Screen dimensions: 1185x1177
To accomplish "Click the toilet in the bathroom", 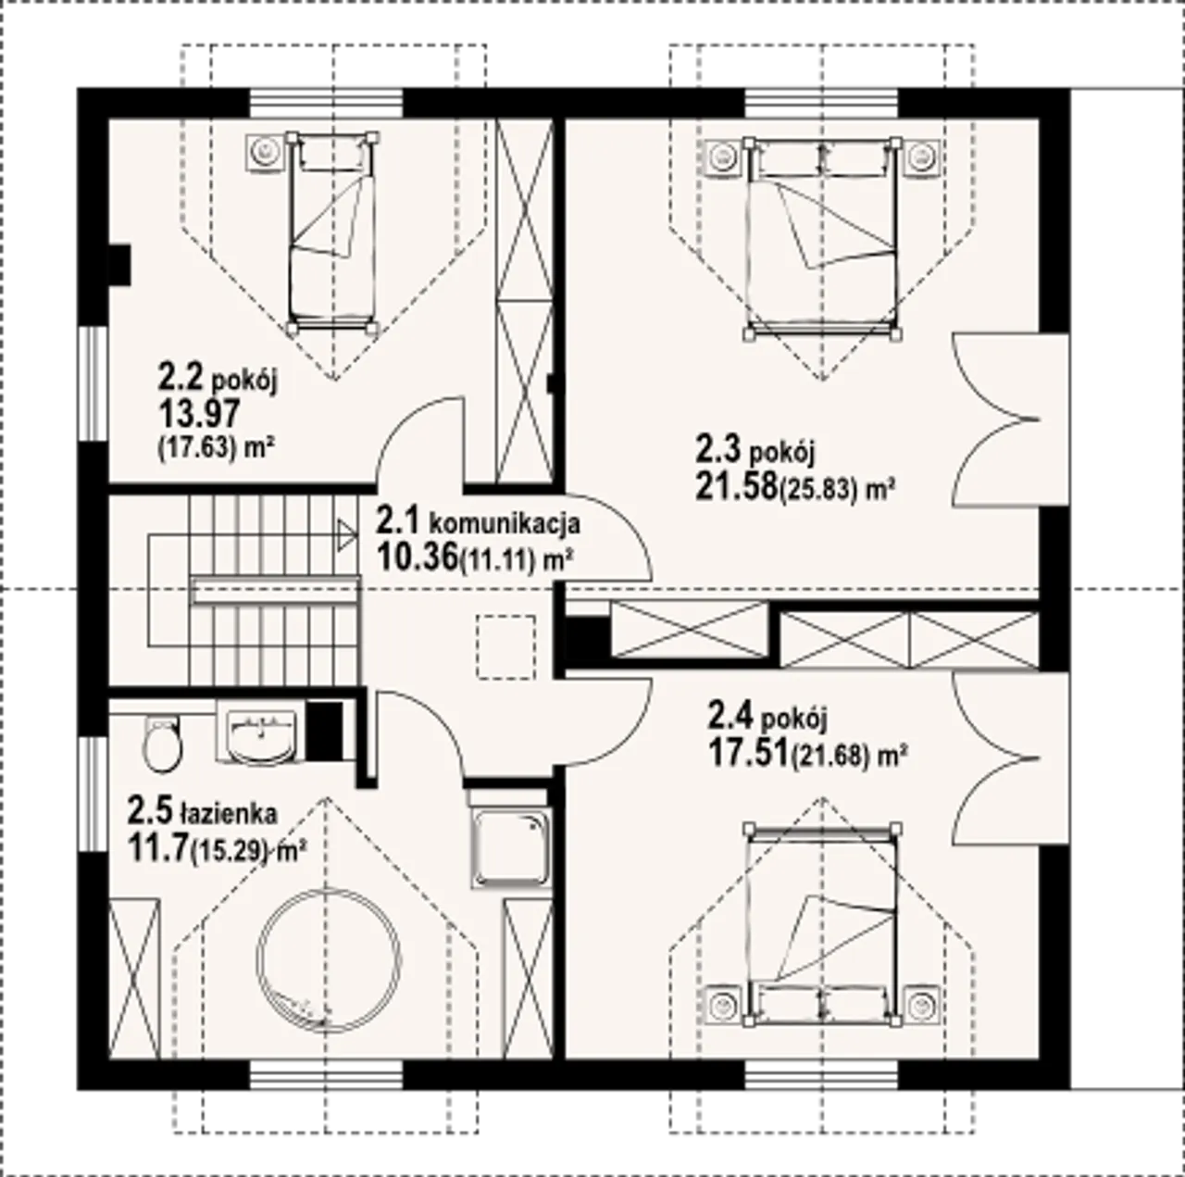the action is coord(162,743).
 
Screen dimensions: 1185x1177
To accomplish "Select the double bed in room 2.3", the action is coord(821,238).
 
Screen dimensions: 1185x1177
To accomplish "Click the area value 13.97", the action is coord(199,413).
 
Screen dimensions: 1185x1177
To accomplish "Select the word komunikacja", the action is coord(504,523).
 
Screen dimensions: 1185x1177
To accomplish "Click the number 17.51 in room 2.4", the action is coord(748,752).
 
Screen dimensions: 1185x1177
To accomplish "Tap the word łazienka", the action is coord(228,813).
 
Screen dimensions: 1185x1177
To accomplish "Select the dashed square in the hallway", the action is coord(506,647).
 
